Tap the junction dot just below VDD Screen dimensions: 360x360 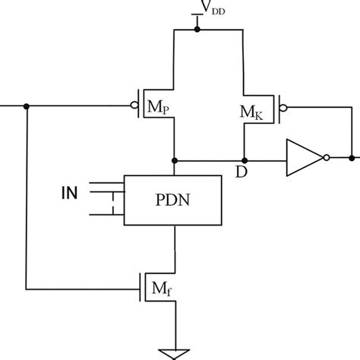[197, 30]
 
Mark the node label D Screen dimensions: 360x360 [241, 172]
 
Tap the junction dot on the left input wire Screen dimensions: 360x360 [27, 106]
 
